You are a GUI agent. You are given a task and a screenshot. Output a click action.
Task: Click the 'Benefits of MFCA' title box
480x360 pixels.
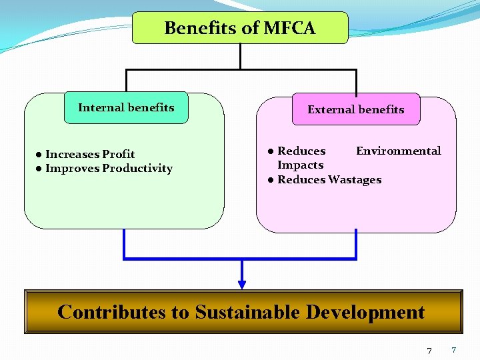click(240, 28)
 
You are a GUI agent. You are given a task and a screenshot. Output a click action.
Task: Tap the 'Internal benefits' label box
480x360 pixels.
click(126, 108)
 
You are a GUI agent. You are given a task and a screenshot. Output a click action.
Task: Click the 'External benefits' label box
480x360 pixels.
click(355, 109)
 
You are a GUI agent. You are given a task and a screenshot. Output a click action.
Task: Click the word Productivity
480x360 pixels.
click(137, 169)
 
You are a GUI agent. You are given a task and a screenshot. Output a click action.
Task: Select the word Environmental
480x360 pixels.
click(398, 151)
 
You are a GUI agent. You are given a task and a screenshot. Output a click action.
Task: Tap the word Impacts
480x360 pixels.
click(300, 165)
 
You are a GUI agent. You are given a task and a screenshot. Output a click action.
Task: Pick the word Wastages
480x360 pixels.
click(355, 180)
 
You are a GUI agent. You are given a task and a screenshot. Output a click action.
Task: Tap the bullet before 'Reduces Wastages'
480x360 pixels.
click(271, 180)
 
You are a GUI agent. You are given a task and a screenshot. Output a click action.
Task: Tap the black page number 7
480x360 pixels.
click(429, 351)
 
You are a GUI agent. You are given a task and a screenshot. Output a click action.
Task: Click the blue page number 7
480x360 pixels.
click(453, 350)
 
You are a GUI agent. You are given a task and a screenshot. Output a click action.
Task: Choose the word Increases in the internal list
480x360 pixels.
click(72, 155)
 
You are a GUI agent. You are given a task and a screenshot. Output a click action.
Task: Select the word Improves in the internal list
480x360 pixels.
click(72, 169)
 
